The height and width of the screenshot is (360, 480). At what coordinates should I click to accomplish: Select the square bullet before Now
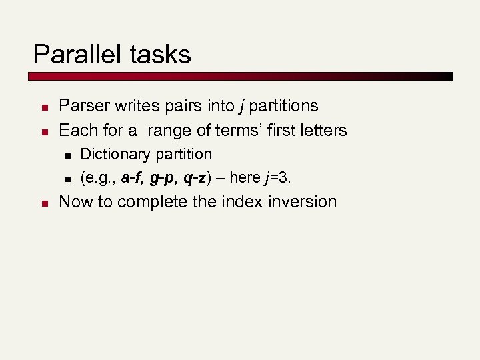point(42,203)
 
